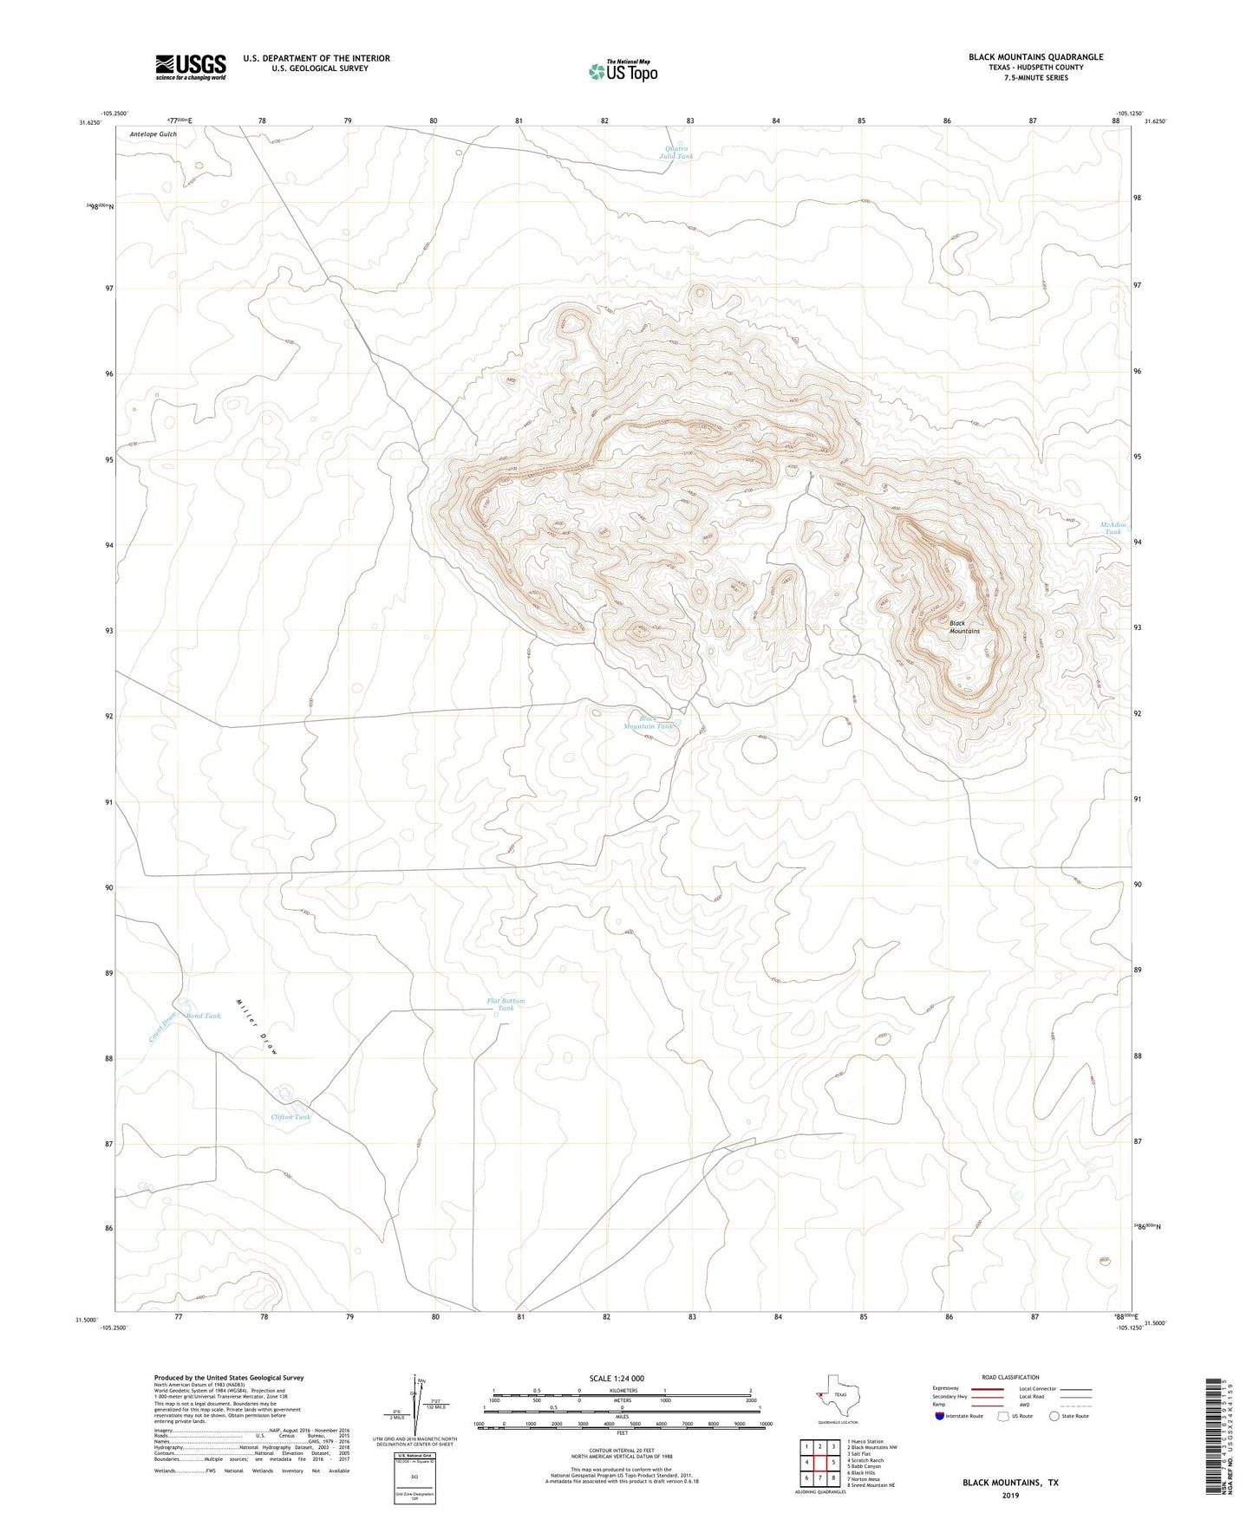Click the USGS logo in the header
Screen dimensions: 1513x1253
pos(191,67)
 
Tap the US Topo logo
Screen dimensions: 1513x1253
pos(622,71)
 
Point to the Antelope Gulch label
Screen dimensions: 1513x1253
pos(153,135)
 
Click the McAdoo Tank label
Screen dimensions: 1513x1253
pos(1113,528)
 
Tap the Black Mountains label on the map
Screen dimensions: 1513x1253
pos(963,627)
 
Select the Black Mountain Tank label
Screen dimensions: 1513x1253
pos(648,723)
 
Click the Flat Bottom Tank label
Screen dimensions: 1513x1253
pos(506,1004)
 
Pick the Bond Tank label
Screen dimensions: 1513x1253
pos(204,1016)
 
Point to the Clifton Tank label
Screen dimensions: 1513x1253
pos(290,1117)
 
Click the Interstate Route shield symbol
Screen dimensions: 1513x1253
pos(941,1415)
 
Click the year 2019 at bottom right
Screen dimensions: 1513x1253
pos(1009,1495)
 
